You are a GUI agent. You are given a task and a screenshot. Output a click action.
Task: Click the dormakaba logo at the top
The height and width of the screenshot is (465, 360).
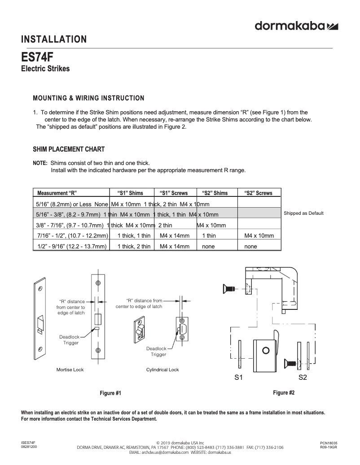click(x=296, y=26)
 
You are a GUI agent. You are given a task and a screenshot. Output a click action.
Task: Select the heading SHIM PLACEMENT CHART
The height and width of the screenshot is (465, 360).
click(x=69, y=149)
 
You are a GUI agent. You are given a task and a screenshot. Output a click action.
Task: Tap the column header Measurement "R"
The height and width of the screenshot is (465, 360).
click(x=57, y=193)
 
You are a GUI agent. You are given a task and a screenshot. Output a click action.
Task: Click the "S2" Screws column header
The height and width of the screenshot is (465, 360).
click(x=258, y=193)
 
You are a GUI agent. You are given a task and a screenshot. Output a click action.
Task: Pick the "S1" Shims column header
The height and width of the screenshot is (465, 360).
click(x=130, y=193)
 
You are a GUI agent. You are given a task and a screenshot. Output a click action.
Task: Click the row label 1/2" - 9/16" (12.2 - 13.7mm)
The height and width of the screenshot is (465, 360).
click(x=71, y=246)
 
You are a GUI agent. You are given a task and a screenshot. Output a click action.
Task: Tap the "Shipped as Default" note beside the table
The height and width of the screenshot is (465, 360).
click(x=303, y=213)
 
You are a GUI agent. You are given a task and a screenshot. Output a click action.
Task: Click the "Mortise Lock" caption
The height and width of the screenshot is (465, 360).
click(x=70, y=369)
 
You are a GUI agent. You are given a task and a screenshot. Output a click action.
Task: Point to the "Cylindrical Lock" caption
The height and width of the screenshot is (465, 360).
click(x=162, y=369)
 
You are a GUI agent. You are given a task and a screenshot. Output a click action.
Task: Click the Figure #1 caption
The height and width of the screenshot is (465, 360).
click(x=110, y=393)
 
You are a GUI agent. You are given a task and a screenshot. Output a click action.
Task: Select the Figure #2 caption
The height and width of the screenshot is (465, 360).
click(x=284, y=393)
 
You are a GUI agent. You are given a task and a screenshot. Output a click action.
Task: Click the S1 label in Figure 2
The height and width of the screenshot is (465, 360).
click(x=239, y=378)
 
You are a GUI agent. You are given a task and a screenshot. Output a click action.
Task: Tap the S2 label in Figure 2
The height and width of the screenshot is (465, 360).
click(x=303, y=378)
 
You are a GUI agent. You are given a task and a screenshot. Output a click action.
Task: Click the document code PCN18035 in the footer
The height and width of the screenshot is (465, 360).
click(x=329, y=443)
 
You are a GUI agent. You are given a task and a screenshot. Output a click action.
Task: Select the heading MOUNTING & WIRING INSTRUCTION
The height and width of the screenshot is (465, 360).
click(x=89, y=98)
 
